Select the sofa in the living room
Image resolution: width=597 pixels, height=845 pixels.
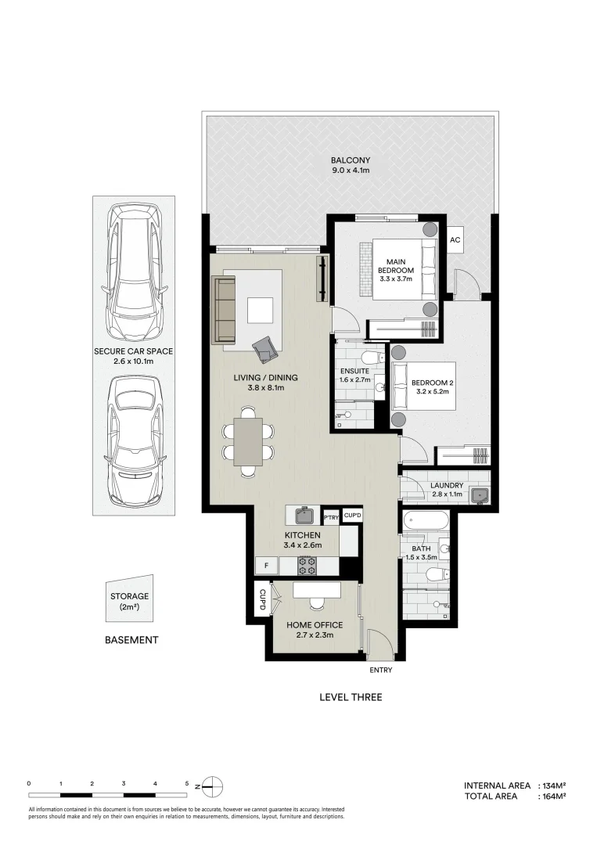click(x=224, y=310)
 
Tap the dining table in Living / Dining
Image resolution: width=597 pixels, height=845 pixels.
click(x=248, y=442)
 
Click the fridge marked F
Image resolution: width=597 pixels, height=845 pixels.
click(x=267, y=566)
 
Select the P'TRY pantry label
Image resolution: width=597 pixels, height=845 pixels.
click(x=330, y=516)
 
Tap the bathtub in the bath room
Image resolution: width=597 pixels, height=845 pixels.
click(x=424, y=520)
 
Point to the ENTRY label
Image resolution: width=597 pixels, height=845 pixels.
click(x=380, y=671)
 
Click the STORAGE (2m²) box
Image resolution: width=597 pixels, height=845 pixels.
click(x=129, y=601)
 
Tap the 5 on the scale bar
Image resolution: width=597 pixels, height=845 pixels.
click(x=187, y=783)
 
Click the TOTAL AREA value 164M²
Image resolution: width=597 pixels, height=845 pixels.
click(x=552, y=796)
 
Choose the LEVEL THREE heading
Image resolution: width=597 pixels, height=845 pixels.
click(x=350, y=697)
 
